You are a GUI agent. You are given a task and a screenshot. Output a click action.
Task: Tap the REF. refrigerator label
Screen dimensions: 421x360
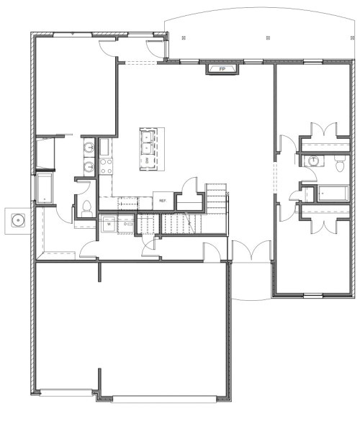(x=163, y=201)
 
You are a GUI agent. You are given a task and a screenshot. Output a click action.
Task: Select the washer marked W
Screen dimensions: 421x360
(x=108, y=224)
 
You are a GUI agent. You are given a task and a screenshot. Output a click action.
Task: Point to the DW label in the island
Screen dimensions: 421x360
(x=147, y=162)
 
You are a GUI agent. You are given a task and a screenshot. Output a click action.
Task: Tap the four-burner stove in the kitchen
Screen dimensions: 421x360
(x=105, y=167)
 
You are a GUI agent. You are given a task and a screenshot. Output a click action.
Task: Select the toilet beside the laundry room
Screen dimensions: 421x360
(x=85, y=208)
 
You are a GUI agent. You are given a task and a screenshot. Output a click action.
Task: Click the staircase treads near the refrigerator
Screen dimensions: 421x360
(x=215, y=198)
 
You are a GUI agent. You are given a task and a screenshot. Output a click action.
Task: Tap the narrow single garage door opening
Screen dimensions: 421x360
(x=66, y=392)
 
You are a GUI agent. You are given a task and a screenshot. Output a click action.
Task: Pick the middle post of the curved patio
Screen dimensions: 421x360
(x=266, y=34)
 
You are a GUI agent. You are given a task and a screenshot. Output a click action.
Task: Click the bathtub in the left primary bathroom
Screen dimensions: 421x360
(x=45, y=187)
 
